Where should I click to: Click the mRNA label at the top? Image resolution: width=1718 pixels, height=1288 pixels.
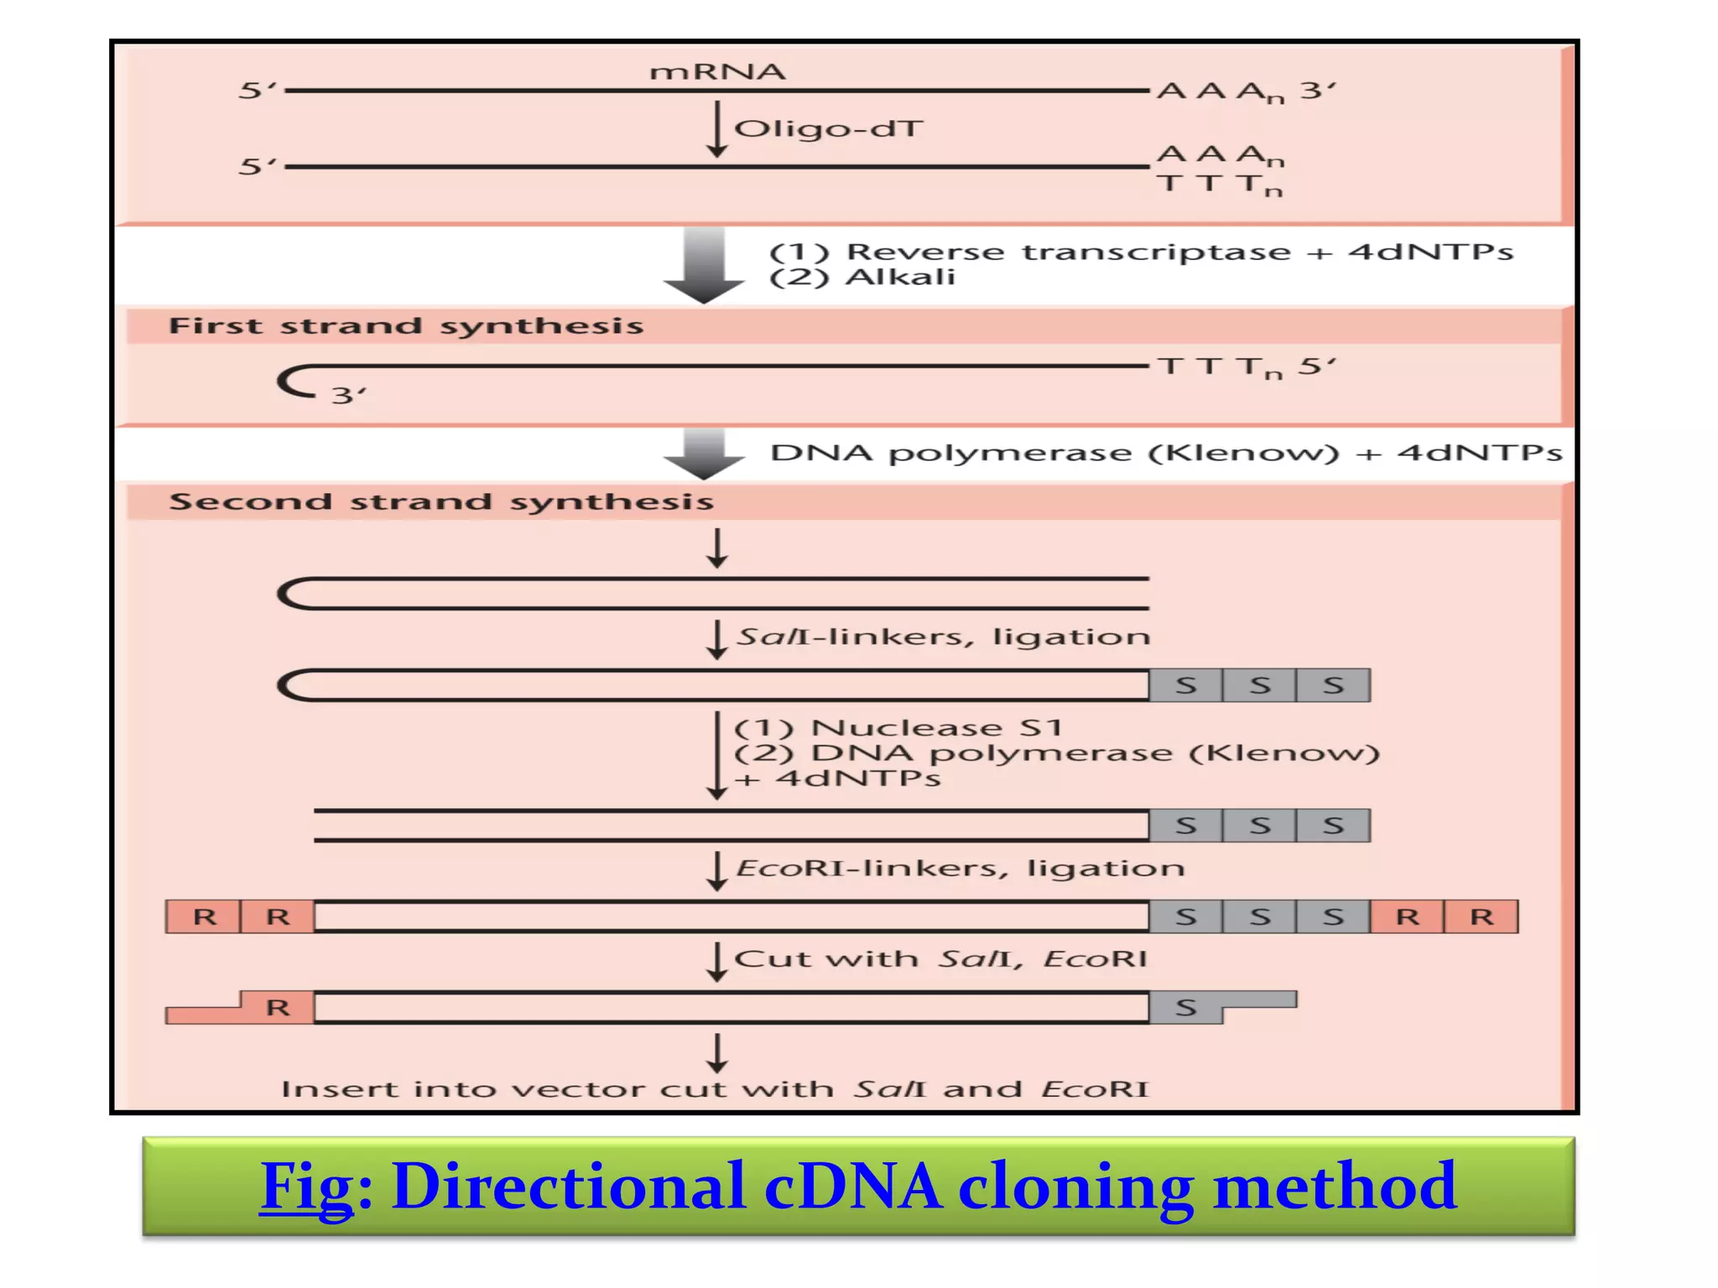717,72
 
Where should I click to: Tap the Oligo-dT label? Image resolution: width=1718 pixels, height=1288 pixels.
828,129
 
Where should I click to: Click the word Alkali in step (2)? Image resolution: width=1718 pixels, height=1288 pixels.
900,278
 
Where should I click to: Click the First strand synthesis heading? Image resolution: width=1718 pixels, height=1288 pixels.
406,326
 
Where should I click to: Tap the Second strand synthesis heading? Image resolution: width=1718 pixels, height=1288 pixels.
441,502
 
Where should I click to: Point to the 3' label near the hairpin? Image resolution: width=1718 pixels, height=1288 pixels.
347,395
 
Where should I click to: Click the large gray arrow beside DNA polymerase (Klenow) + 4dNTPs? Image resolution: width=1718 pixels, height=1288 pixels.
704,454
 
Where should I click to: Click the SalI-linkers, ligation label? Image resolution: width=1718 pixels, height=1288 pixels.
943,636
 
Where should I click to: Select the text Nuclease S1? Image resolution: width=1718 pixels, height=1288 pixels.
936,727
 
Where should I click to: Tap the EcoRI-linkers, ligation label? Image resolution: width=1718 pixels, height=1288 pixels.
960,868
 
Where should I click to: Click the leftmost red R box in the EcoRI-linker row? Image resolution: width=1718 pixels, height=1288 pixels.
204,917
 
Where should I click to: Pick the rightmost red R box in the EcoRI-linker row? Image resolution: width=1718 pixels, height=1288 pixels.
1481,917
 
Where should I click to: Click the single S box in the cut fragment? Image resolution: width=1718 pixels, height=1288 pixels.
1184,1007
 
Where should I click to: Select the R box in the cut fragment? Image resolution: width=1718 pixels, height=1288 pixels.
278,1007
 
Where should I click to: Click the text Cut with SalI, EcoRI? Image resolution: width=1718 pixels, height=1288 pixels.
940,958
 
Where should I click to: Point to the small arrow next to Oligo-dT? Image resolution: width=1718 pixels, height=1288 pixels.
716,130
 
